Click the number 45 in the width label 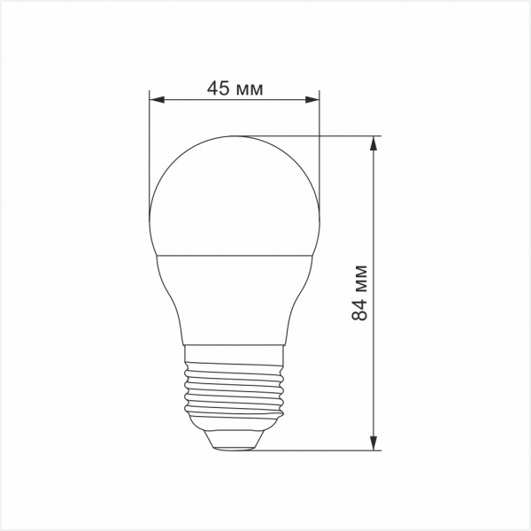(218, 88)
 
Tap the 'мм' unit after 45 (251, 88)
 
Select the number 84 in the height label (359, 309)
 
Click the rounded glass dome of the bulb (235, 195)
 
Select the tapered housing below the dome (235, 296)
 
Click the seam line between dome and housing (235, 254)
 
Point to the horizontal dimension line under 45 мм (234, 100)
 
